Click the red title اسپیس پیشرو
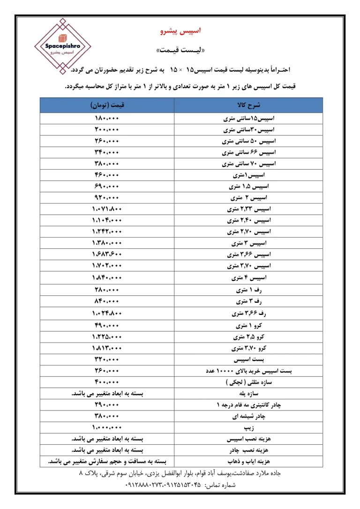[180, 32]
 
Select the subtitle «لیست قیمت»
[180, 50]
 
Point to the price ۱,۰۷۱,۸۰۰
[107, 209]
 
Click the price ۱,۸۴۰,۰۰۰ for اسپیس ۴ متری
[107, 277]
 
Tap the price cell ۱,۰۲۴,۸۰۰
[107, 312]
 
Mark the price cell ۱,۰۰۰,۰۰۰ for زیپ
[107, 428]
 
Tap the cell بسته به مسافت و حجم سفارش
[107, 462]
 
